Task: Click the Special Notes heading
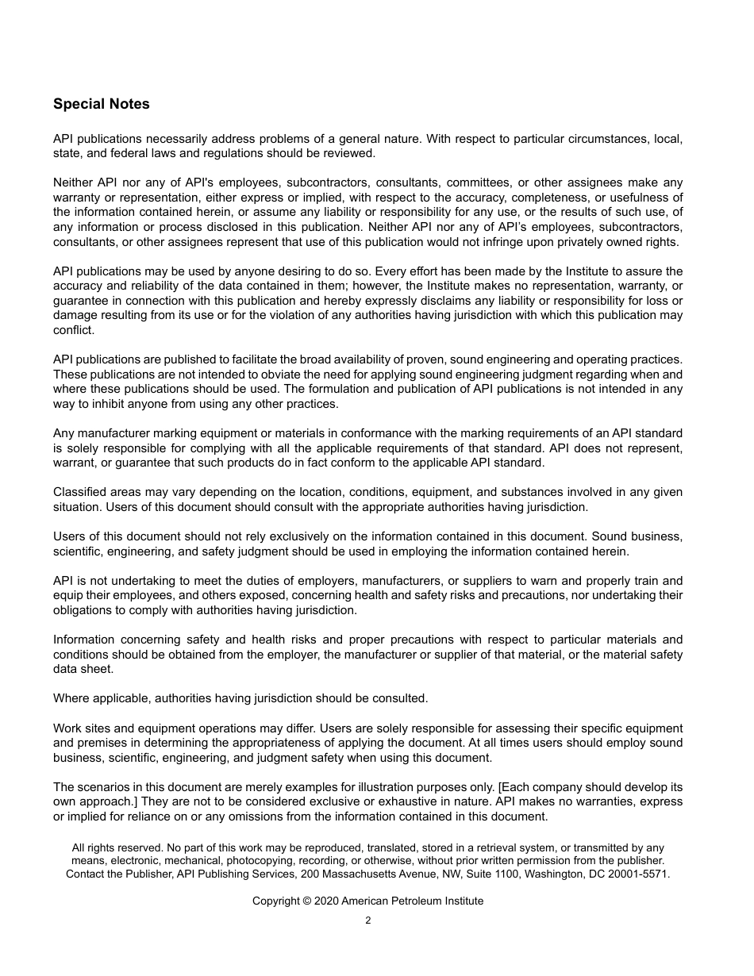pyautogui.click(x=101, y=104)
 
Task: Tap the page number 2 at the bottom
pyautogui.click(x=367, y=920)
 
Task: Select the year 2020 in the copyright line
pyautogui.click(x=326, y=901)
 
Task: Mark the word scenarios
pyautogui.click(x=102, y=787)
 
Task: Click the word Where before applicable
pyautogui.click(x=70, y=698)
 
